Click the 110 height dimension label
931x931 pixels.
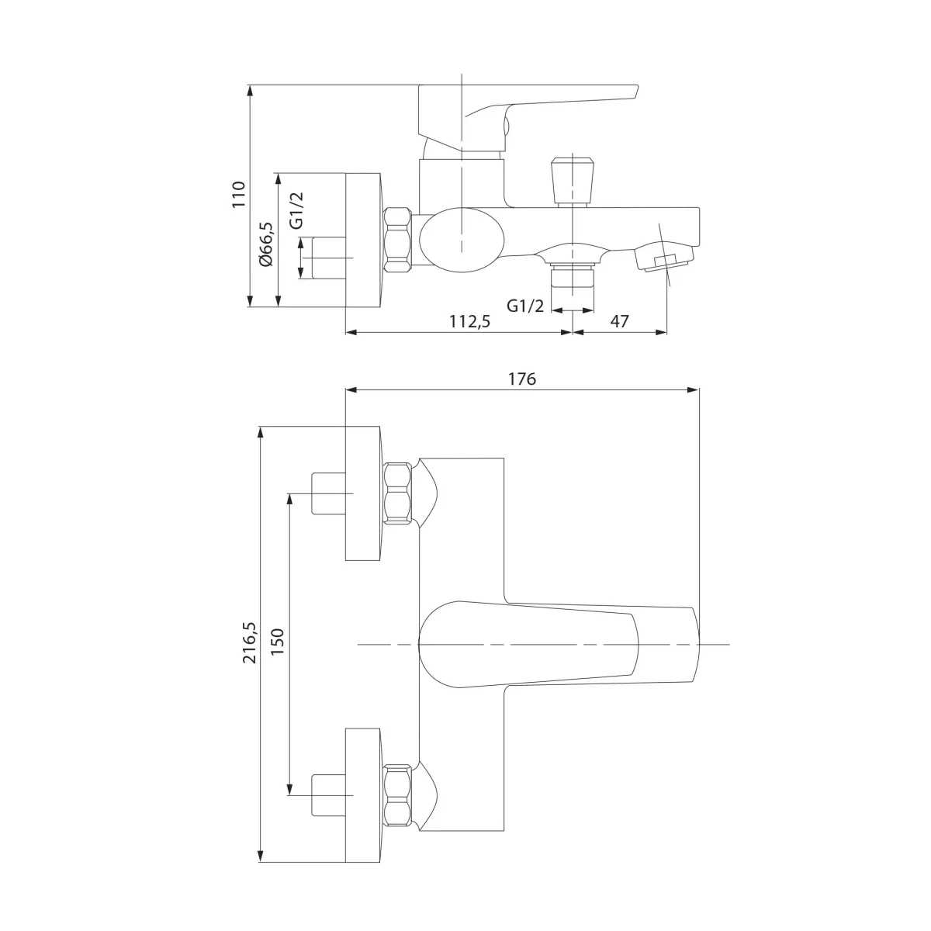pyautogui.click(x=239, y=194)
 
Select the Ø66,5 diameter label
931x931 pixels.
pyautogui.click(x=266, y=244)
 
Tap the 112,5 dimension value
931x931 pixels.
pyautogui.click(x=469, y=320)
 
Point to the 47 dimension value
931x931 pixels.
pyautogui.click(x=619, y=320)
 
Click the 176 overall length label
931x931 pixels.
pyautogui.click(x=522, y=379)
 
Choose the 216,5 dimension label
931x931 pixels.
pyautogui.click(x=251, y=642)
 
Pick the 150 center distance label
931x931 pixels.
pyautogui.click(x=278, y=642)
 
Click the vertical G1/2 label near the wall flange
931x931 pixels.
pyautogui.click(x=296, y=210)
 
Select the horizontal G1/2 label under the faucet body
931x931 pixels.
pyautogui.click(x=525, y=306)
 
